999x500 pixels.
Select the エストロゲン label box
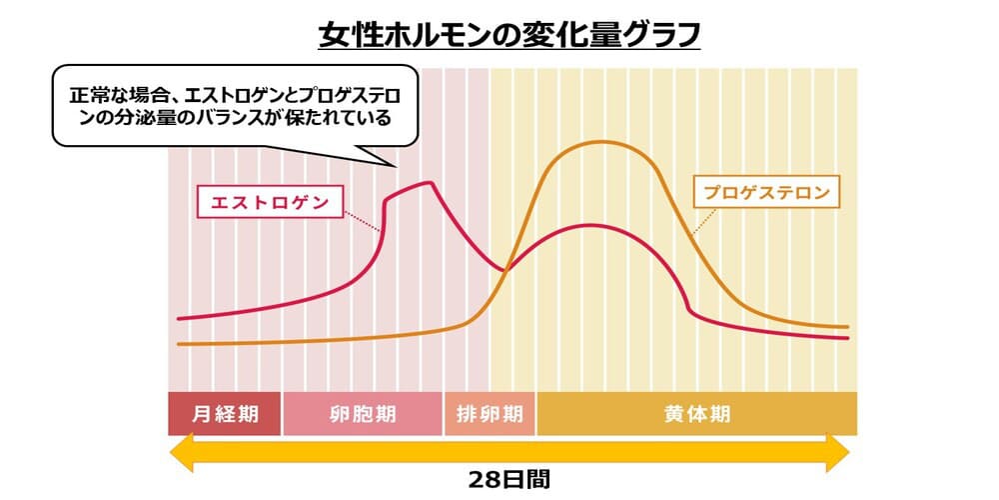pyautogui.click(x=269, y=200)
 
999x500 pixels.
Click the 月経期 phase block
pyautogui.click(x=224, y=414)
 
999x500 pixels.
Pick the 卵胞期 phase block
pyautogui.click(x=362, y=414)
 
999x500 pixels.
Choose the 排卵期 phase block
pyautogui.click(x=489, y=414)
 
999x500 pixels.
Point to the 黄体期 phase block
pyautogui.click(x=696, y=414)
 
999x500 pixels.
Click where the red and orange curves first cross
pyautogui.click(x=505, y=268)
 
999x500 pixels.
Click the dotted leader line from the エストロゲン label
pyautogui.click(x=363, y=219)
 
